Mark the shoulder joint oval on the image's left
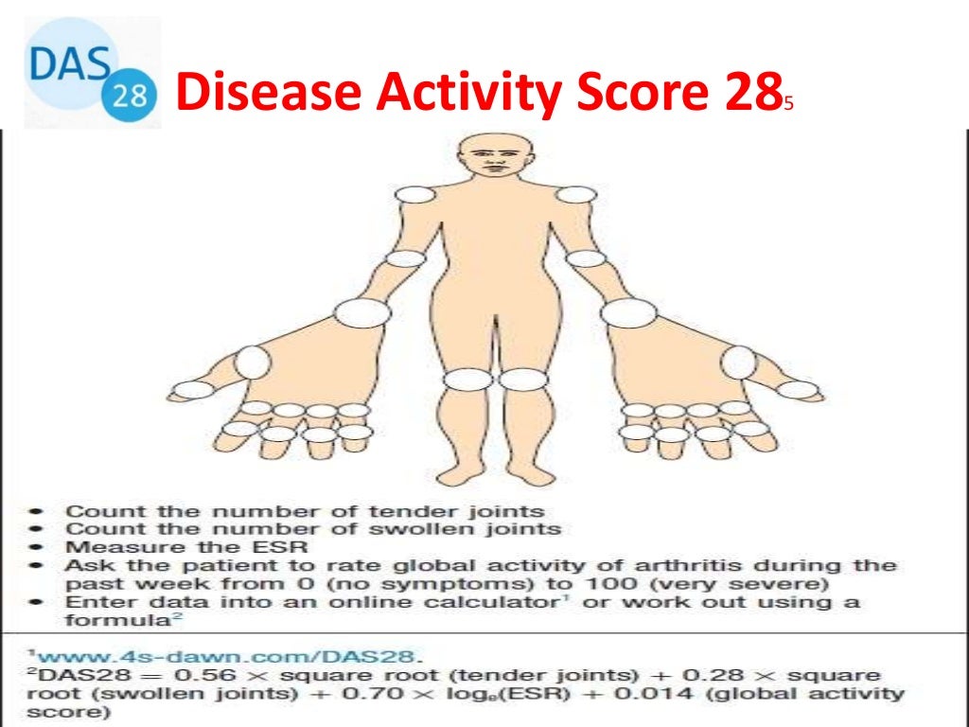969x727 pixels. pos(413,195)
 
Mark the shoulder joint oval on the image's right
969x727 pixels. pos(574,195)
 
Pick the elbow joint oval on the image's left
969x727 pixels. pos(406,257)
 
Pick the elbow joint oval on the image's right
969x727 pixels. pos(587,257)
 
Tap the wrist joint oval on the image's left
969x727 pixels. pos(356,311)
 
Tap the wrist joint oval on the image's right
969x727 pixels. pos(628,311)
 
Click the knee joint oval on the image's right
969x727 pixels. pos(519,380)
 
